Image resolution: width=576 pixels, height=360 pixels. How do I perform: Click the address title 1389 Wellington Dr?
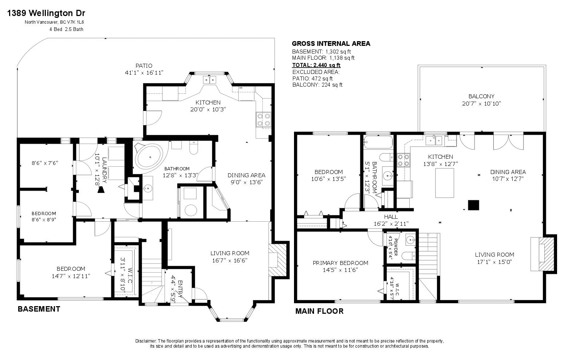tap(46, 13)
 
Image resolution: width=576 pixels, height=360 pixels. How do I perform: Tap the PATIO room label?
tap(144, 66)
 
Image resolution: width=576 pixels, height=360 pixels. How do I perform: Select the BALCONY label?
tap(481, 96)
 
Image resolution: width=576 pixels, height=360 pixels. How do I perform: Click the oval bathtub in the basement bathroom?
tap(150, 157)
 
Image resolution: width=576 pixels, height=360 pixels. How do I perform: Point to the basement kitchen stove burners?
tap(263, 120)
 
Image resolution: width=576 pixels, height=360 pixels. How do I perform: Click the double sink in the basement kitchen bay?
tap(210, 80)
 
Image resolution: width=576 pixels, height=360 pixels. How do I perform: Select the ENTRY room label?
tap(180, 289)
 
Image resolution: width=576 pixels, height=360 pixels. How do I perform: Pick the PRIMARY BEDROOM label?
tap(341, 263)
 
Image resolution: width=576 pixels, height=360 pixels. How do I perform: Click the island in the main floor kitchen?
tap(444, 183)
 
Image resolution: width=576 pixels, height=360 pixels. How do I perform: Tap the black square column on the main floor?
tap(473, 205)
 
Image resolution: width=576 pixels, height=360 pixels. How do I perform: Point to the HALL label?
tap(391, 217)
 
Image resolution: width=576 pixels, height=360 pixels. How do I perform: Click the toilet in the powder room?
tap(409, 256)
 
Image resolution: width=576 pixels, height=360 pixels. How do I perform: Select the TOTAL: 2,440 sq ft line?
tap(316, 65)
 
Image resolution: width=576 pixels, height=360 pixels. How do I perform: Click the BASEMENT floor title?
tap(39, 309)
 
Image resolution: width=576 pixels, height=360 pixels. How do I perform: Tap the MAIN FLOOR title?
tap(319, 311)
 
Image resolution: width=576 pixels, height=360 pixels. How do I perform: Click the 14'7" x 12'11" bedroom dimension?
tap(71, 276)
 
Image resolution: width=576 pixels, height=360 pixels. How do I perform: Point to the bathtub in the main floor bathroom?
tap(378, 142)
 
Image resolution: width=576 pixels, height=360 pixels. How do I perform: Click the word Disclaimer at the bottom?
tap(146, 341)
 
